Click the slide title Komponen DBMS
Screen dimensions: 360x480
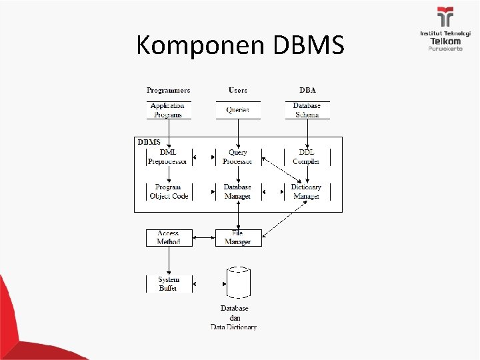point(240,45)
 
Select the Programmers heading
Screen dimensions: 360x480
point(168,90)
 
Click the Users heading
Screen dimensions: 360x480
point(237,90)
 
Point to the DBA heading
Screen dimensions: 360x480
point(307,90)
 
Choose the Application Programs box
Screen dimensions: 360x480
point(168,110)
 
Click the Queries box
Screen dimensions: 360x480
point(237,110)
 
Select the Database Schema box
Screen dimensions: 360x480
point(307,110)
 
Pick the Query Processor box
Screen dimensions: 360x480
point(237,157)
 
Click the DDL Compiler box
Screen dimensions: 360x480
point(307,157)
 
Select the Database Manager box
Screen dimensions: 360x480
point(237,191)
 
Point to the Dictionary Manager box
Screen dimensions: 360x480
point(306,191)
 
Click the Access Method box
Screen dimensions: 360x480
point(168,237)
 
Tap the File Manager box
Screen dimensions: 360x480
point(237,237)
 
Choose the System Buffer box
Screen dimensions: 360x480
point(168,283)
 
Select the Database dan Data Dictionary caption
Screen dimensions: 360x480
point(234,317)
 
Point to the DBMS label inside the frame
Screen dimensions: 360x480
point(148,142)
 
